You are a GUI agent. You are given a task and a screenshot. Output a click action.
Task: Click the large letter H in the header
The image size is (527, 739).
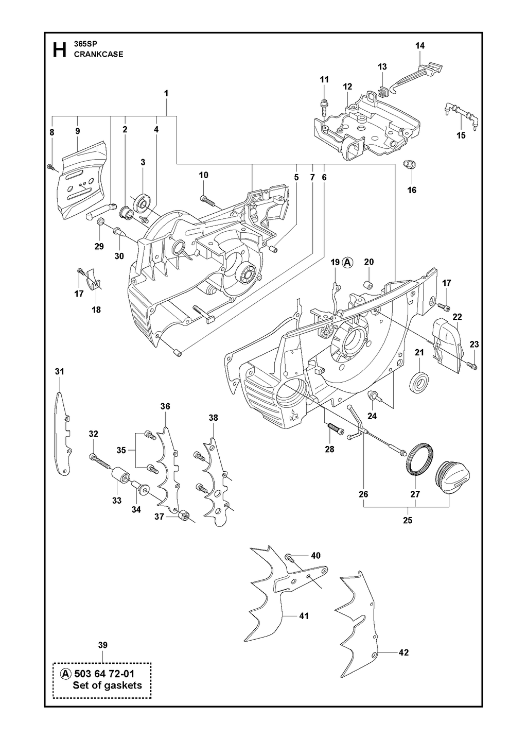pos(59,50)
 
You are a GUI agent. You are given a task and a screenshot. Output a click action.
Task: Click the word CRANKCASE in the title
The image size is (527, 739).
pos(98,55)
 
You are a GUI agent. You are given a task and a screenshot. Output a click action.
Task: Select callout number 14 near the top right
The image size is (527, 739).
pos(420,46)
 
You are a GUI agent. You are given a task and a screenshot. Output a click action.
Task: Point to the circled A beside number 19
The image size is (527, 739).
pos(347,263)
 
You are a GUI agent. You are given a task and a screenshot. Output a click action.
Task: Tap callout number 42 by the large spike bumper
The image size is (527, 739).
pos(403,652)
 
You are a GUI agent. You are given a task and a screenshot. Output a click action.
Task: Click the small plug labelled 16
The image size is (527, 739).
pos(410,164)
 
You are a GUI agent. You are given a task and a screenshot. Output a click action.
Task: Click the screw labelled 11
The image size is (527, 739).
pos(324,107)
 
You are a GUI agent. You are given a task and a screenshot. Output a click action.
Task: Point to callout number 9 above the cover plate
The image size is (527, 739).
pos(78,131)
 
